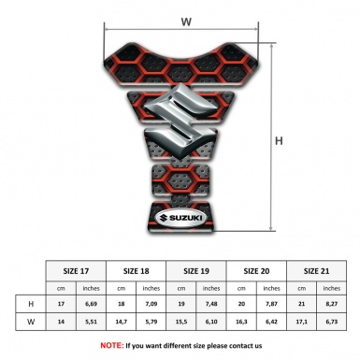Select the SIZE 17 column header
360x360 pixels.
tap(76, 269)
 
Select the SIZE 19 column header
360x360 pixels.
tap(197, 269)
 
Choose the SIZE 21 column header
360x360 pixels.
tap(317, 269)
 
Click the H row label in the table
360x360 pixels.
tap(31, 303)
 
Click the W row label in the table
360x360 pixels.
tap(31, 321)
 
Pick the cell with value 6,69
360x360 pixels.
tap(91, 303)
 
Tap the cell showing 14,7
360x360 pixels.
tap(122, 321)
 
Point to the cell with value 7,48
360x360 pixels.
tap(211, 303)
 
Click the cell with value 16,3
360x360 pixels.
tap(242, 321)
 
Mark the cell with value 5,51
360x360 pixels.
tap(91, 321)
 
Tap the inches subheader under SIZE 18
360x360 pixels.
tap(151, 287)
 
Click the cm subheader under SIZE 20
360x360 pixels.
tap(242, 287)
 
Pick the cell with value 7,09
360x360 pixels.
tap(151, 303)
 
